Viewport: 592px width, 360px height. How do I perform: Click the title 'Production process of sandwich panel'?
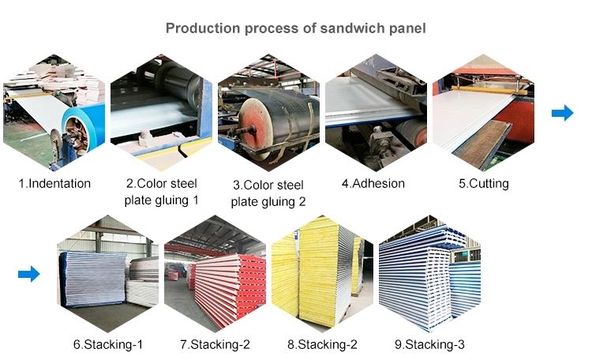point(296,28)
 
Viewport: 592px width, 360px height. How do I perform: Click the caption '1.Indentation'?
point(54,184)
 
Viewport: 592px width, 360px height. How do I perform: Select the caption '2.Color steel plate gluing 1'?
point(162,192)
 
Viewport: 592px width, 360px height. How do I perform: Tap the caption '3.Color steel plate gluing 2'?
point(268,193)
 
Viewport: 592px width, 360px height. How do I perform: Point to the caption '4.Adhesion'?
point(373,184)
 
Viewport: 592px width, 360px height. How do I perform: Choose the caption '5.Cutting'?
point(484,184)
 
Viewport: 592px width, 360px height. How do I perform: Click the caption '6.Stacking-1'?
point(108,344)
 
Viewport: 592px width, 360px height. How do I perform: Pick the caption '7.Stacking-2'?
point(215,344)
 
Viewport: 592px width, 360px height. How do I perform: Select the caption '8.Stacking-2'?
point(322,344)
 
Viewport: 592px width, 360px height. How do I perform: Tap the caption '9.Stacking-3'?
point(429,344)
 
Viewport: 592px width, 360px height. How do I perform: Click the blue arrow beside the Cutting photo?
point(563,113)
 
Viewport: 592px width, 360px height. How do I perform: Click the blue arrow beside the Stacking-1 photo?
point(28,274)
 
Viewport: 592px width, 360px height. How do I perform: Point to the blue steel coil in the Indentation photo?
point(83,126)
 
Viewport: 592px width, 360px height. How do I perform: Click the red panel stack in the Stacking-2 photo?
point(228,289)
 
